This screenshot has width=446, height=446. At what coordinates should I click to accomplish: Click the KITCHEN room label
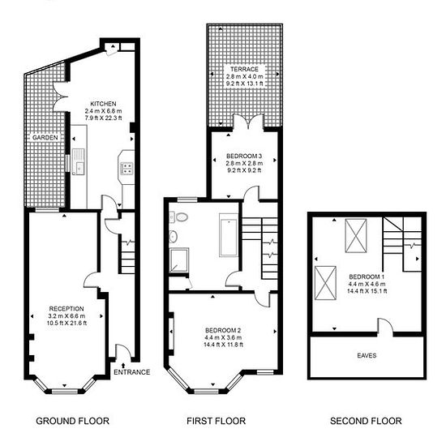click(x=103, y=104)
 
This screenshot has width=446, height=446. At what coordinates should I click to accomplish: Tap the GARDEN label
click(x=45, y=138)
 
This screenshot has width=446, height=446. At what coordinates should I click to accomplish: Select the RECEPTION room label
click(x=66, y=309)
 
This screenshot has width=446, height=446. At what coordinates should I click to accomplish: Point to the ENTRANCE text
click(x=131, y=372)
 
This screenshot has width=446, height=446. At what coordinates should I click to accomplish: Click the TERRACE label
click(x=244, y=69)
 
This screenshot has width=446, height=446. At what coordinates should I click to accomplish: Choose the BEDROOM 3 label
click(x=244, y=157)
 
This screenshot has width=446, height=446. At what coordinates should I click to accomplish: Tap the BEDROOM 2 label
click(x=223, y=331)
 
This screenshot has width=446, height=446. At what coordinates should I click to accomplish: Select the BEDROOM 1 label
click(x=367, y=277)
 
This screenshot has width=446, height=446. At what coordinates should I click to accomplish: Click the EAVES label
click(x=367, y=355)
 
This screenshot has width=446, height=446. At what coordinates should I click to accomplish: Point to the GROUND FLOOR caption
click(x=72, y=421)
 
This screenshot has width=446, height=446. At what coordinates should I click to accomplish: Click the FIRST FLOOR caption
click(x=217, y=421)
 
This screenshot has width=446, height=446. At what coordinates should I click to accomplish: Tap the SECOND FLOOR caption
click(x=366, y=421)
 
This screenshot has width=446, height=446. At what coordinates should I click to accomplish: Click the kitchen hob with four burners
click(x=127, y=168)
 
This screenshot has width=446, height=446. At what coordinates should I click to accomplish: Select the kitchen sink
click(x=78, y=161)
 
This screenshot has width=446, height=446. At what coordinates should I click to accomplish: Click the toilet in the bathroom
click(x=180, y=217)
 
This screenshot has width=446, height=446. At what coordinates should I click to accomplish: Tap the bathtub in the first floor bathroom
click(x=229, y=235)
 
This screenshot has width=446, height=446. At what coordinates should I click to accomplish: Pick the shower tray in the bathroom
click(x=178, y=260)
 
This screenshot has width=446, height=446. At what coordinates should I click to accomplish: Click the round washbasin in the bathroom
click(x=173, y=236)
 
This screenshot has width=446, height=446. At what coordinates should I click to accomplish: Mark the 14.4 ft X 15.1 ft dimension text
click(x=367, y=291)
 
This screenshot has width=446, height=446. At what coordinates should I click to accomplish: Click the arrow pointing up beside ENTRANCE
click(x=123, y=366)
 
